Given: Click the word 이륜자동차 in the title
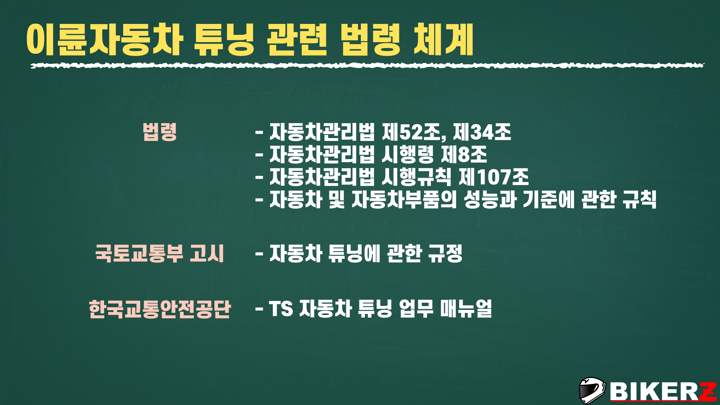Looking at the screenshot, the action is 105,39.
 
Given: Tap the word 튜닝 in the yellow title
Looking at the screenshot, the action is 224,39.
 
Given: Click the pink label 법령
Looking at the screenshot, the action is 160,132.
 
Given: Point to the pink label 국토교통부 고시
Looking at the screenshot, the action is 159,253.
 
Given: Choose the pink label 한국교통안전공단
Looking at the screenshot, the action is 160,309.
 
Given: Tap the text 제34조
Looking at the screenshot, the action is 482,132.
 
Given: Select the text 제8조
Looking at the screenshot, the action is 464,154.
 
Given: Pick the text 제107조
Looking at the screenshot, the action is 494,177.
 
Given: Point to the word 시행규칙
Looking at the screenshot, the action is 417,177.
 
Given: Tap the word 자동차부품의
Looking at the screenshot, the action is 404,199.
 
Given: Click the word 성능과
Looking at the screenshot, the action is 490,199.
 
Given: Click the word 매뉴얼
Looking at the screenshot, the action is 466,309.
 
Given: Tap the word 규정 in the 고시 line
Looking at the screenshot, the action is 445,253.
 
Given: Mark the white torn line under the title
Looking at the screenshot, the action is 367,66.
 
